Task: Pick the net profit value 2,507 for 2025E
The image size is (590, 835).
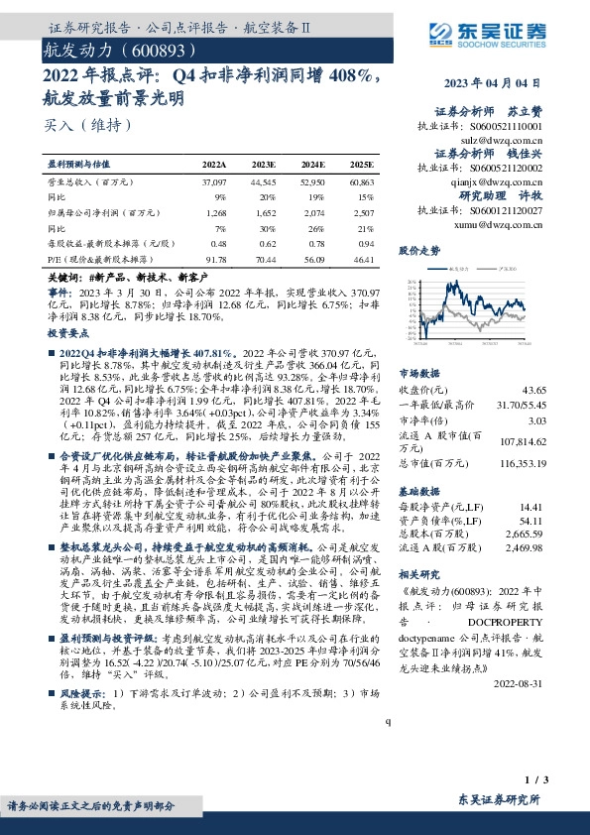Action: [362, 213]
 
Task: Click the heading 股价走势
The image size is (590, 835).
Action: [418, 251]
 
